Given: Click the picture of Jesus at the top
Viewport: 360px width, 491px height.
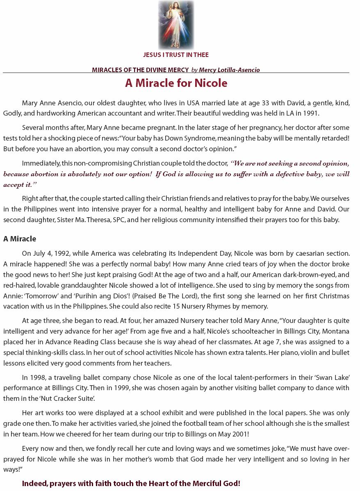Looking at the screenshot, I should coord(176,25).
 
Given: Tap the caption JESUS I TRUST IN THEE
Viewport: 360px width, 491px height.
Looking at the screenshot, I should coord(176,55).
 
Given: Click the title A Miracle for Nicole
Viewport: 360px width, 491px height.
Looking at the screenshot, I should coord(176,83).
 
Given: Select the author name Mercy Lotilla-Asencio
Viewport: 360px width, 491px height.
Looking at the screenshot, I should coord(229,70).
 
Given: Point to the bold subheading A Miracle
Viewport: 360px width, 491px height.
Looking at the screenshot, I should coord(20,239).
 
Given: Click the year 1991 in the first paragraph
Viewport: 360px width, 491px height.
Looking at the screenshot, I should coord(310,114).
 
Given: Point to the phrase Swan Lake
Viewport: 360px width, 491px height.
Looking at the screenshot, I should coord(334,377).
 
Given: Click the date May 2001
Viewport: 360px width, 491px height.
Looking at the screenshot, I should coord(232,434).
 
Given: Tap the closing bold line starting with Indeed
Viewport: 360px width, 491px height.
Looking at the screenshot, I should coord(131,484).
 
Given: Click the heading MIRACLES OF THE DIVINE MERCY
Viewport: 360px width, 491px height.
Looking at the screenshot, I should coord(140,70).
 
